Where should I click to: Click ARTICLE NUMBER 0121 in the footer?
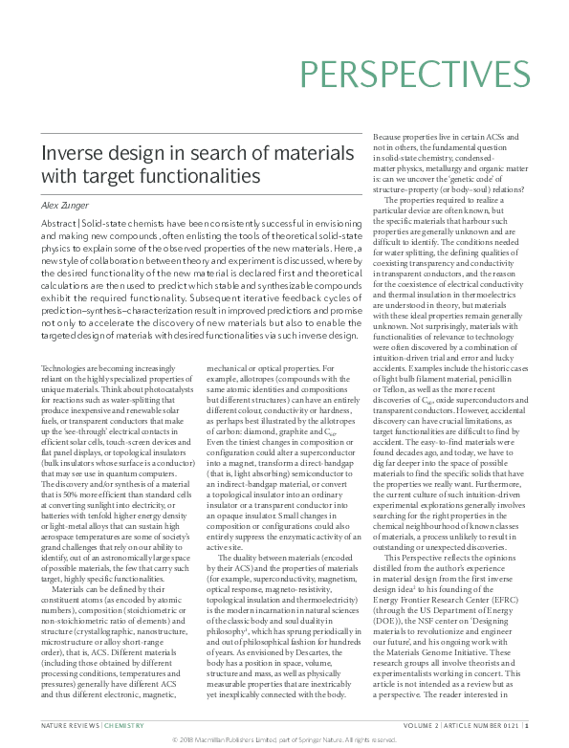pyautogui.click(x=489, y=727)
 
